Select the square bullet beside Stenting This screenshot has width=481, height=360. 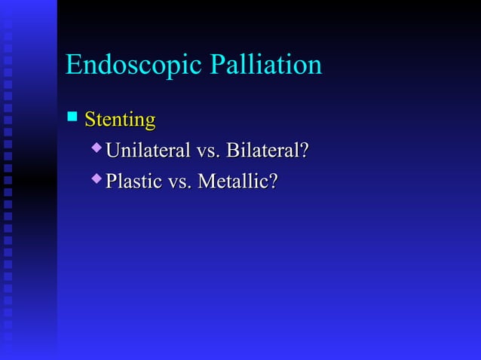tap(72, 117)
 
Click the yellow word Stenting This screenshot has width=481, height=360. tap(120, 120)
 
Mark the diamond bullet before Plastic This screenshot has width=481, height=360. tap(96, 179)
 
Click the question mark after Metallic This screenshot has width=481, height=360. tap(274, 182)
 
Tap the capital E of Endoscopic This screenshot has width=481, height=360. tap(73, 65)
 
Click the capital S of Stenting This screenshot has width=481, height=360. tap(90, 120)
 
